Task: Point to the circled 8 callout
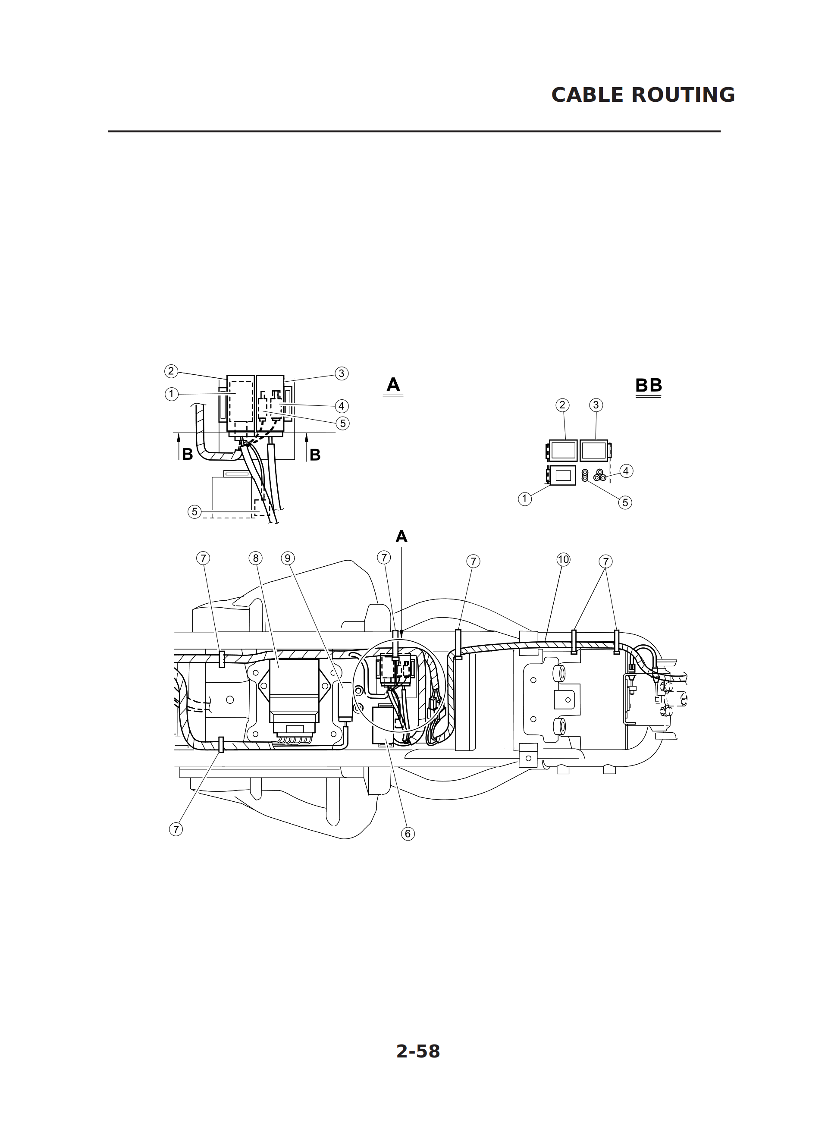tap(256, 558)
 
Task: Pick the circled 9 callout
tap(288, 558)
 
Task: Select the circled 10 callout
tap(563, 559)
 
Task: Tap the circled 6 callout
tap(408, 833)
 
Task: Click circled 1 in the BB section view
tap(525, 499)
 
